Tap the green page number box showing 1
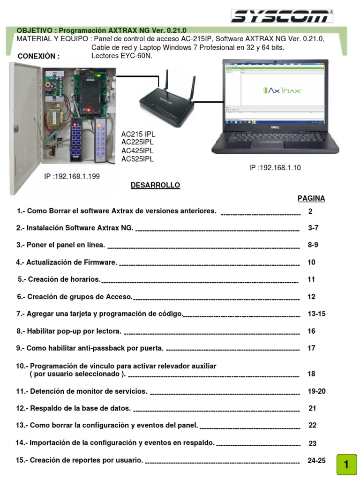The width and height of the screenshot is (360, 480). click(x=346, y=465)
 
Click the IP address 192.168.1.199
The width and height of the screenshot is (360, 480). click(x=72, y=176)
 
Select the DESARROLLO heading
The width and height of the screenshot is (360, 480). click(x=155, y=185)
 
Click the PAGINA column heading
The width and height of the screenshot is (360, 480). click(x=311, y=198)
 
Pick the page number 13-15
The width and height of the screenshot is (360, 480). click(x=316, y=314)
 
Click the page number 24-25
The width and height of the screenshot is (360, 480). click(x=316, y=460)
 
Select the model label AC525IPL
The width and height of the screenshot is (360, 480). click(x=137, y=159)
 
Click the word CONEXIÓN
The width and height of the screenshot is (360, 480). click(x=38, y=57)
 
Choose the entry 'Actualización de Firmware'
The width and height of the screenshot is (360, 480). click(x=67, y=262)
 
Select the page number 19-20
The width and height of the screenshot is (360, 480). click(x=316, y=390)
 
